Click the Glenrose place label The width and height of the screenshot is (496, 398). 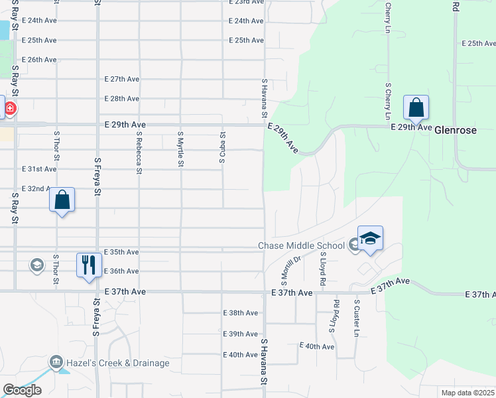455,131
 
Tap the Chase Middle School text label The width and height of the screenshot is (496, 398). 301,246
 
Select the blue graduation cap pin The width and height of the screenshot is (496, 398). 370,238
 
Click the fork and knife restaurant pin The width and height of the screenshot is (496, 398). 89,265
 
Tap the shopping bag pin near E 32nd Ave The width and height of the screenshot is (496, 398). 62,200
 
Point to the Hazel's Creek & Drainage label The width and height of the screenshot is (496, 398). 117,363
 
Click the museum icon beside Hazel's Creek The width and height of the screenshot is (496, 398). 56,362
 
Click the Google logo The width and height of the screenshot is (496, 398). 21,390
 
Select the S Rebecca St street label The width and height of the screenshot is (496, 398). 139,152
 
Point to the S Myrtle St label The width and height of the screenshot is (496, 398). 180,149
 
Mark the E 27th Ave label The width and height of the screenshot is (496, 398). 122,79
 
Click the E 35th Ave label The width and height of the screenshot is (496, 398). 122,252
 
